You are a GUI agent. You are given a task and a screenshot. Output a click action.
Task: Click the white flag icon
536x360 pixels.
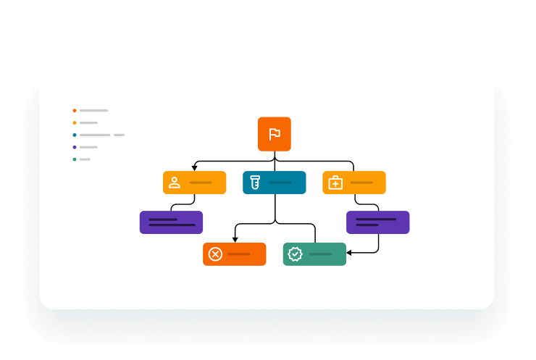pos(275,134)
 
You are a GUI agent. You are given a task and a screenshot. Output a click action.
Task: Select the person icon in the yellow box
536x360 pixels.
pos(175,183)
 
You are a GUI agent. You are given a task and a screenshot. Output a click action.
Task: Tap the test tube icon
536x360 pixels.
pos(254,183)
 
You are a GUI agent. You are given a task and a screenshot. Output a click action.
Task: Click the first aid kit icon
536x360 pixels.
pos(335,183)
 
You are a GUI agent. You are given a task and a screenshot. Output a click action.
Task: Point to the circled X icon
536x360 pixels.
pos(215,254)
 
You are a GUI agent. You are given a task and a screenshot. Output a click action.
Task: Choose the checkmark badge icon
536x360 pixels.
pos(295,254)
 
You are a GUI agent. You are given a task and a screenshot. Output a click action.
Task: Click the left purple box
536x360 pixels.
pos(171,222)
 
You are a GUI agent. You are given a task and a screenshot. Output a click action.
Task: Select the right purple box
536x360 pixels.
pos(377,222)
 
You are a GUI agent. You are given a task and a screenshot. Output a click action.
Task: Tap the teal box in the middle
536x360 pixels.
pos(275,183)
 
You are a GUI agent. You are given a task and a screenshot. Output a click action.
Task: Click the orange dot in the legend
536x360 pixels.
pos(75,111)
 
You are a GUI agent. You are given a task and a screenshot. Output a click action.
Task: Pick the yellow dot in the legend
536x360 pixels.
pos(75,122)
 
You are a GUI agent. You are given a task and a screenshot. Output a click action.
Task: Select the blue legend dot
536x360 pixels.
pos(75,135)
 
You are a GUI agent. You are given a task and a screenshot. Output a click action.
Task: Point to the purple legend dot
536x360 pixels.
pos(75,147)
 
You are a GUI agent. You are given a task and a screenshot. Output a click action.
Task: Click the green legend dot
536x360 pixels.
pos(75,159)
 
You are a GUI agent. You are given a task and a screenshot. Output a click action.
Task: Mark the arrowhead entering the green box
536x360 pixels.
pos(349,253)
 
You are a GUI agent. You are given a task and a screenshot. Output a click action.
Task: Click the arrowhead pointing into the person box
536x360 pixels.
pos(195,168)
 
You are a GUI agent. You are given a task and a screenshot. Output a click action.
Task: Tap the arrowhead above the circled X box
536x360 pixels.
pos(235,240)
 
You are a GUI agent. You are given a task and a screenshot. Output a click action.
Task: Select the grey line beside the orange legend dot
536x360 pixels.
pos(93,111)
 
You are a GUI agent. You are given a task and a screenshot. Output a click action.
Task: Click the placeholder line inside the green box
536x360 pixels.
pos(320,254)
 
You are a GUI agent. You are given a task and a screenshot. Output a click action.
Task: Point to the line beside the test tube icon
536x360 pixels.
pos(280,183)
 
